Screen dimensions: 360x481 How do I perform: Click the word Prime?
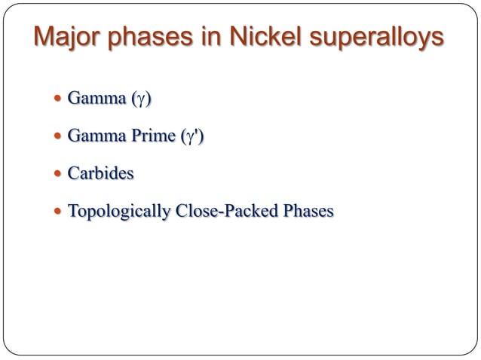[152, 136]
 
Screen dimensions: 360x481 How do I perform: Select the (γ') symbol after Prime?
[192, 137]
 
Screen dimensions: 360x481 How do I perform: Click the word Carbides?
[100, 174]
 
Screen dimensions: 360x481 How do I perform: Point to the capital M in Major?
[44, 38]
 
